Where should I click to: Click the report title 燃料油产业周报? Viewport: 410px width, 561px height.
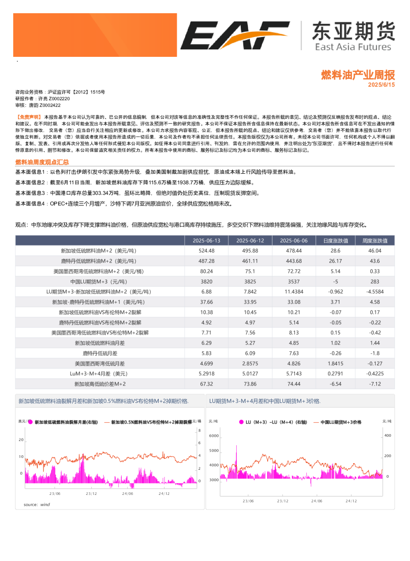click(358, 74)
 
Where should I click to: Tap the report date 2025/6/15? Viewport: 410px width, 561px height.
click(381, 85)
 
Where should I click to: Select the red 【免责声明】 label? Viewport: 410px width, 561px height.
click(29, 117)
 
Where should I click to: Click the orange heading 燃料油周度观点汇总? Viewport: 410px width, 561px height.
click(42, 162)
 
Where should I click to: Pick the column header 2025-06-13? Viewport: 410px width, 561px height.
click(206, 240)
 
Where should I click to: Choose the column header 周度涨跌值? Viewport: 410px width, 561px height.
click(375, 240)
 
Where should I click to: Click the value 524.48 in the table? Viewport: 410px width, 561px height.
click(206, 251)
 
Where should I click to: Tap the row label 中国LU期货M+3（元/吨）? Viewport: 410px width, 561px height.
click(99, 281)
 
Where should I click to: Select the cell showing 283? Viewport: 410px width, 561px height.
click(375, 281)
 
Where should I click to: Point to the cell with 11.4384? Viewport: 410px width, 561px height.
click(294, 292)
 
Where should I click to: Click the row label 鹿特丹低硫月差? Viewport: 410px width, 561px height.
click(99, 353)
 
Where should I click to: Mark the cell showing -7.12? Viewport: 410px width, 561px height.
click(375, 384)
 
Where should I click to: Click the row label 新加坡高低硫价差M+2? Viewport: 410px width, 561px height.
click(99, 384)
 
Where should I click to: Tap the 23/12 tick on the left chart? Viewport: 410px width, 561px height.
click(91, 494)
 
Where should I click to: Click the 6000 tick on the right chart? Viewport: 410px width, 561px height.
click(213, 436)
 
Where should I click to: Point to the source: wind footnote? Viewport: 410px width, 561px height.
click(37, 505)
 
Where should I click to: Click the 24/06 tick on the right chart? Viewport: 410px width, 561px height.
click(317, 501)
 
